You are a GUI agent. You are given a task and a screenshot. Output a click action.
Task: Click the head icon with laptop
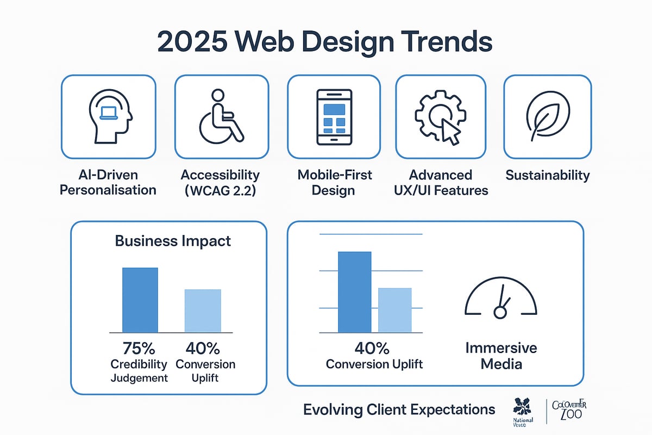[x=109, y=116]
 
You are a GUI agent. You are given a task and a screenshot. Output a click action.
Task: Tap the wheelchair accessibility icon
[x=221, y=116]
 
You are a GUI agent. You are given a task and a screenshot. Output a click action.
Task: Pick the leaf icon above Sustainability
[x=547, y=116]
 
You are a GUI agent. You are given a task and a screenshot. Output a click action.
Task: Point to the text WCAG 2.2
[x=220, y=190]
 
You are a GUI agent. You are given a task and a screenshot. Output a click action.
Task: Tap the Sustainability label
[x=547, y=175]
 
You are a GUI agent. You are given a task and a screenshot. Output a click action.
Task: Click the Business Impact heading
[x=173, y=241]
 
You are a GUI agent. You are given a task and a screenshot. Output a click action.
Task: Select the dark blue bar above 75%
[x=140, y=300]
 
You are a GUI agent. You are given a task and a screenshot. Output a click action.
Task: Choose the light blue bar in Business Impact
[x=203, y=310]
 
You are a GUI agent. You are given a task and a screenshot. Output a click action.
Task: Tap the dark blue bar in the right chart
[x=354, y=292]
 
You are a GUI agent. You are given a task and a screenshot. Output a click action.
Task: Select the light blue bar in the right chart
[x=395, y=310]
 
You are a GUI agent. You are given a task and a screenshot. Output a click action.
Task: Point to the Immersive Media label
[x=500, y=356]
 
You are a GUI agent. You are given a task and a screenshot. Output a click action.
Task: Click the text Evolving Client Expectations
[x=399, y=409]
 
